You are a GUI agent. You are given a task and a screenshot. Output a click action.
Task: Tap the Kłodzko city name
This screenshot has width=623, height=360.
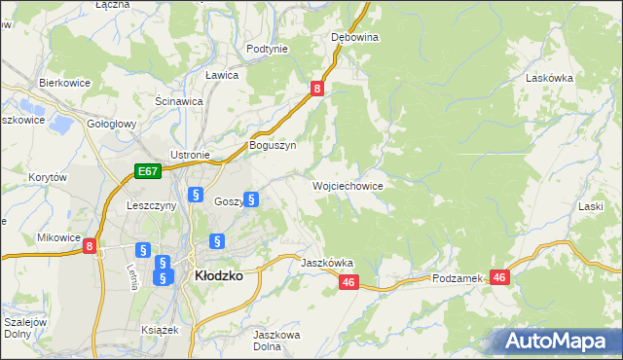click(219, 275)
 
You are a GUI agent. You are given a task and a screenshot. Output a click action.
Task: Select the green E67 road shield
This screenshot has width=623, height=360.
click(147, 172)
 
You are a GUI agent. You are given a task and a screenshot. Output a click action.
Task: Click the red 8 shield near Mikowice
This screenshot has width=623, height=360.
click(90, 247)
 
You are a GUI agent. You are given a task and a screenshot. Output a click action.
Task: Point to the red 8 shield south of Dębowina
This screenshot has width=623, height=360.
click(317, 89)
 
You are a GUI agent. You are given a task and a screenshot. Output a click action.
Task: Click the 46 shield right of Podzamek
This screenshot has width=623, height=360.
click(500, 277)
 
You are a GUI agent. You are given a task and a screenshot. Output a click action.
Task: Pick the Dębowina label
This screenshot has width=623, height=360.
click(354, 37)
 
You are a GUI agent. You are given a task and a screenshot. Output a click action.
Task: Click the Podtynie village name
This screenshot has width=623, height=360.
click(267, 49)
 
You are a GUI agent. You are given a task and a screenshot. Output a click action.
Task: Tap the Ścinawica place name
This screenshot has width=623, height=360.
click(178, 100)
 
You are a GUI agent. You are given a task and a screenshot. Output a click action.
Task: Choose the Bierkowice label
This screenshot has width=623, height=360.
click(64, 83)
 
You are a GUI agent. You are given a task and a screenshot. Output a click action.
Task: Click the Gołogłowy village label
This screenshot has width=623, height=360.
click(111, 126)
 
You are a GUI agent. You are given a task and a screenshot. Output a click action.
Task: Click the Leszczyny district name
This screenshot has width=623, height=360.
click(151, 205)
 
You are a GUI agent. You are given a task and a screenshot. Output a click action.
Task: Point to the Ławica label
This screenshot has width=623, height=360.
click(222, 75)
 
